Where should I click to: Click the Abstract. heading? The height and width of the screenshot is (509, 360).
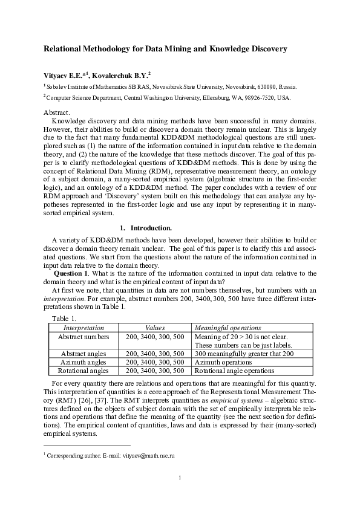coord(57,112)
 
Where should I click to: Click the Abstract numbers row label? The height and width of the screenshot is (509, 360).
coord(83,336)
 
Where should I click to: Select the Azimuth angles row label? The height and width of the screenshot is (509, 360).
coord(83,361)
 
